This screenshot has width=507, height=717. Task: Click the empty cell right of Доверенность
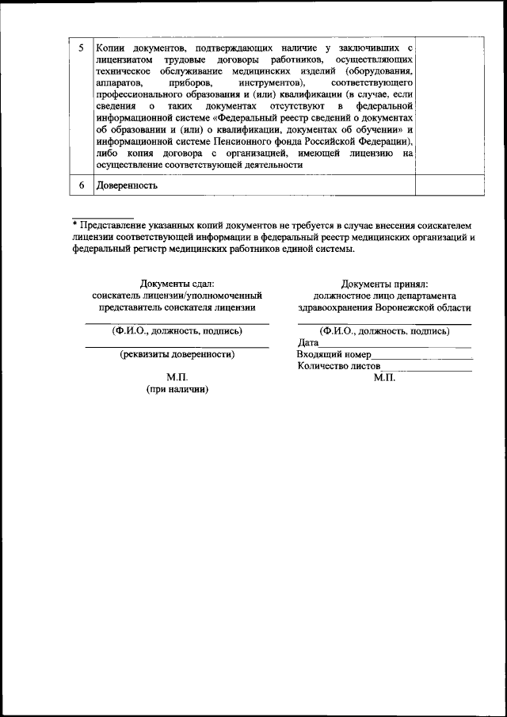pos(448,185)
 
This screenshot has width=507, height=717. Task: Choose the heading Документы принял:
pos(384,284)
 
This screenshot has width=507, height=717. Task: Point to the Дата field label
pos(308,343)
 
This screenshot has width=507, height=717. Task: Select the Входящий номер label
pos(333,354)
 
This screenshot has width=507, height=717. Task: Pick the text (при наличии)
pos(177,390)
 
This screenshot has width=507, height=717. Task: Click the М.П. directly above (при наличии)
pos(177,378)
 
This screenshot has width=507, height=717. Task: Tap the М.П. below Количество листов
pos(384,377)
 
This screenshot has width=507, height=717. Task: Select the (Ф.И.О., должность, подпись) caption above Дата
pos(384,331)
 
